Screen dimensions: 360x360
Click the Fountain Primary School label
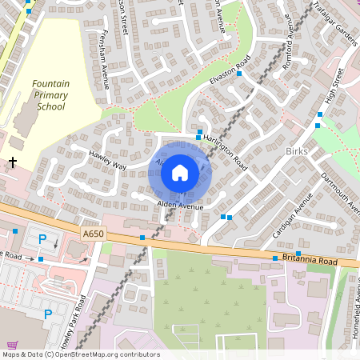coord(50,94)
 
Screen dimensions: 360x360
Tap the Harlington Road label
coord(226,149)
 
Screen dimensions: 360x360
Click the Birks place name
coord(295,151)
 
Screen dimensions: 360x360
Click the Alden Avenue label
coord(180,206)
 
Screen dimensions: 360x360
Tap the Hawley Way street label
coord(108,159)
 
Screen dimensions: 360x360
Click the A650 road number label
coord(93,233)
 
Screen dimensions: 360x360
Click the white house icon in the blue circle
coord(180,172)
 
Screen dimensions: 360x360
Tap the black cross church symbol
coord(13,162)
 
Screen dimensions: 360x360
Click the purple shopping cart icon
coord(11,343)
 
